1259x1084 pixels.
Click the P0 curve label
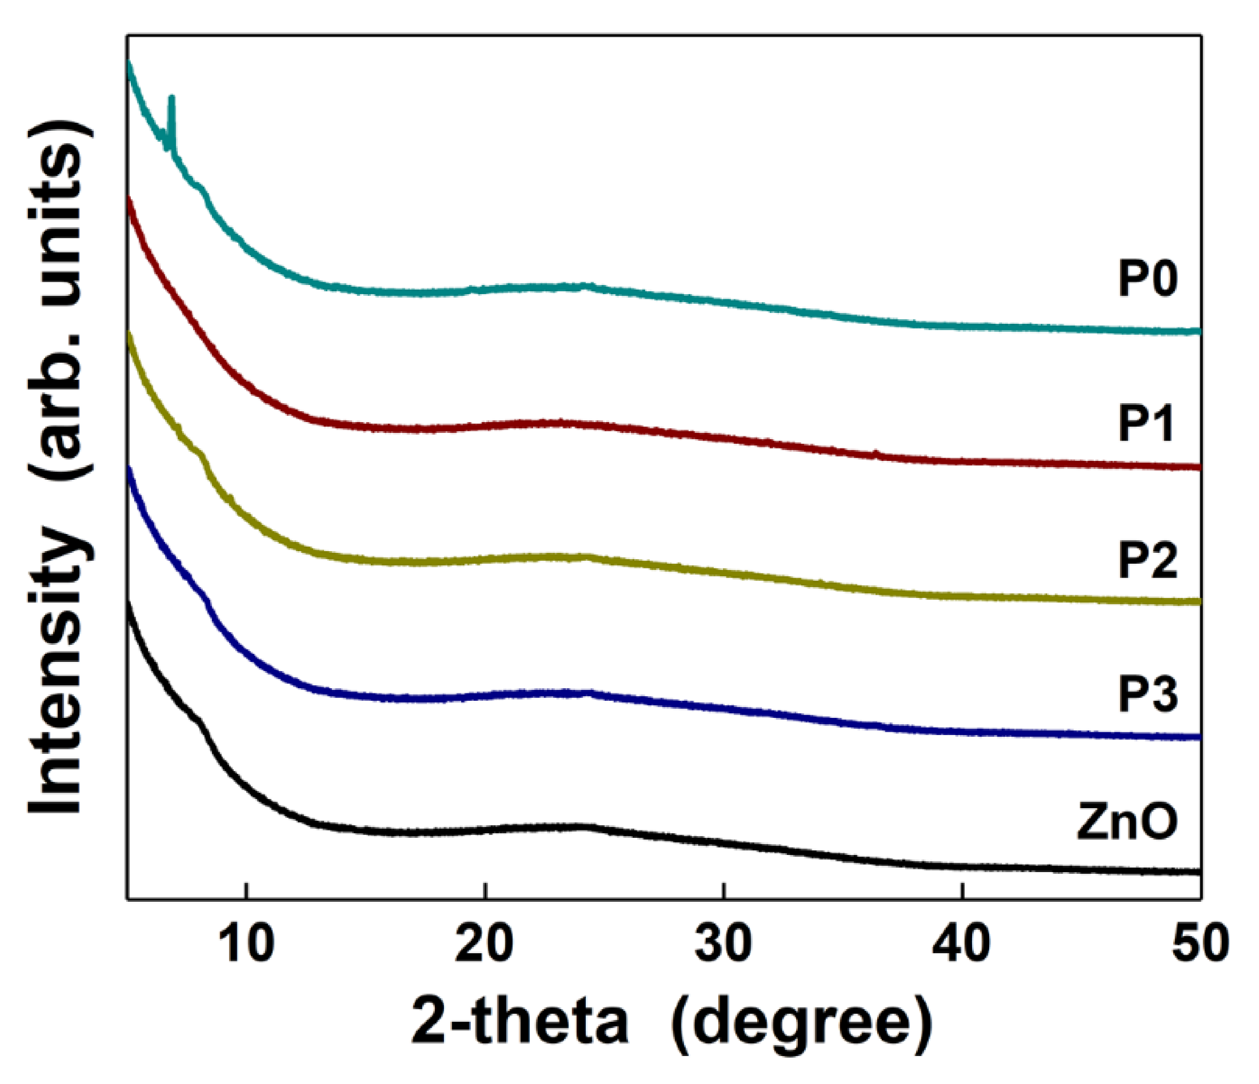click(x=1148, y=280)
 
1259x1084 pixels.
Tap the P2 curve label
click(x=1148, y=560)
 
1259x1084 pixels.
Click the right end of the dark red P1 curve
click(x=1198, y=467)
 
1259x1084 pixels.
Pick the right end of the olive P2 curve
click(x=1198, y=601)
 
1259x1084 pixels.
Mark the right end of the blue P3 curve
click(x=1198, y=737)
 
